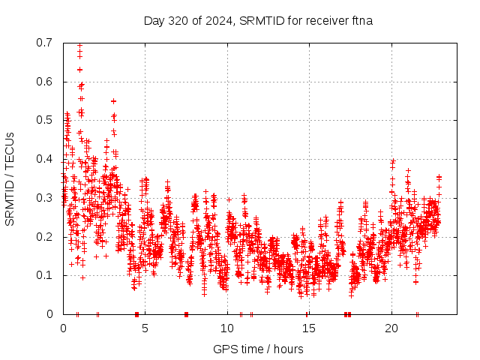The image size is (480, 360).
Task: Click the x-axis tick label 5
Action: tap(145, 328)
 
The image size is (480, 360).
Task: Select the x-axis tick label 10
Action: tap(226, 328)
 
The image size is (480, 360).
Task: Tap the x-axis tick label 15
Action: tap(308, 328)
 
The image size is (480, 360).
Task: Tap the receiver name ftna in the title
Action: tap(361, 20)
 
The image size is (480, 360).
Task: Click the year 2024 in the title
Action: tap(220, 20)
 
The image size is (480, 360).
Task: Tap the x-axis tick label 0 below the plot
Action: tap(63, 328)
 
